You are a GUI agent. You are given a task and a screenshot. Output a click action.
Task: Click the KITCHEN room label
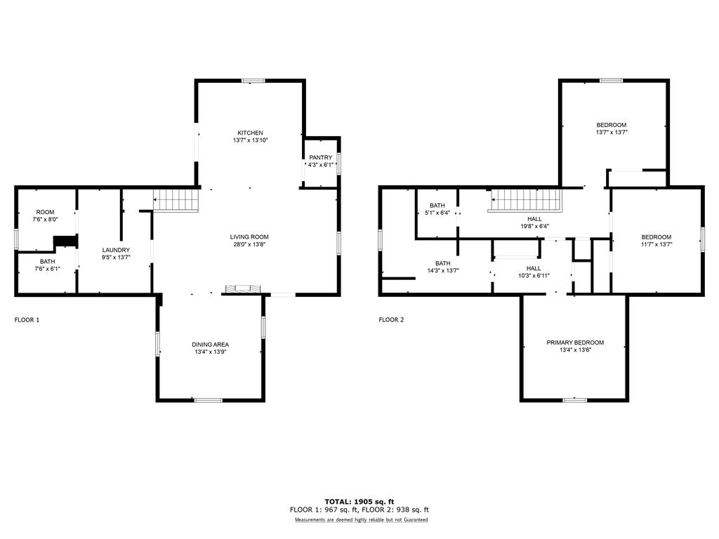point(250,133)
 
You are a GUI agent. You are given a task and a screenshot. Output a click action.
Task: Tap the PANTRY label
point(320,158)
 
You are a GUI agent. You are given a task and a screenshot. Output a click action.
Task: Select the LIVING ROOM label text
point(249,237)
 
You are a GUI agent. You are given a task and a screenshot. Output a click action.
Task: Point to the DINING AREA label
point(210,345)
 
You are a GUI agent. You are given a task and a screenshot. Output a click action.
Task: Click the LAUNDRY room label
point(116,251)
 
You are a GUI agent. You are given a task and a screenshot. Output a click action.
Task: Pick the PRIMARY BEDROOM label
point(575,342)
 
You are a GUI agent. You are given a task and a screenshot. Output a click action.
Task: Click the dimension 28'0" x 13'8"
point(249,244)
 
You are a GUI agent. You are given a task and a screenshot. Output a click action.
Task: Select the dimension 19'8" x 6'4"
point(534,227)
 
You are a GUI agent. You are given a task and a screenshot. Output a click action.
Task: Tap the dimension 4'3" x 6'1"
point(320,165)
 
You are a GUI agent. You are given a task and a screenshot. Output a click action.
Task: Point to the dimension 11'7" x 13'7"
point(657,244)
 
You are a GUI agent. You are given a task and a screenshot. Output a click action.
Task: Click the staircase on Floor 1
point(176,200)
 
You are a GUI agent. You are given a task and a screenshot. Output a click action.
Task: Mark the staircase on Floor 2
point(525,200)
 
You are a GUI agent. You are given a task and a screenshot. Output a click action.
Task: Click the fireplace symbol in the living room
point(243,288)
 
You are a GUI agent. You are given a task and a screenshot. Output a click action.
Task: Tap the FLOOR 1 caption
point(27,320)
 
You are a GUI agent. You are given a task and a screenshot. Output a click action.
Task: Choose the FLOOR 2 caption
point(391,320)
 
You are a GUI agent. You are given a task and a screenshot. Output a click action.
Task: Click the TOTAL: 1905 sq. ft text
point(359,502)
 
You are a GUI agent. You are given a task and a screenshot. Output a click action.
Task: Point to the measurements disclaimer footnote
point(362,520)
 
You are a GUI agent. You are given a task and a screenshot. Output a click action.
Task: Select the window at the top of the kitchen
point(253,81)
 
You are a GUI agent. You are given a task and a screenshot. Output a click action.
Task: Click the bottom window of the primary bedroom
point(574,400)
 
